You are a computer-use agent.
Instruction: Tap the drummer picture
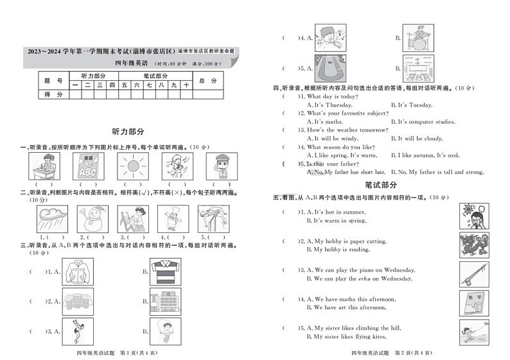(x=418, y=38)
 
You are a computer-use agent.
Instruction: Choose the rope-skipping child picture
(x=166, y=332)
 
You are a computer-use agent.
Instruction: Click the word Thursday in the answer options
(x=339, y=105)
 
